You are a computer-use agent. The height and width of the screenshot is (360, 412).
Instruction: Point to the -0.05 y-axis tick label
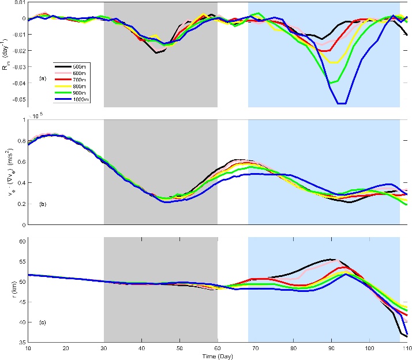pyautogui.click(x=16, y=99)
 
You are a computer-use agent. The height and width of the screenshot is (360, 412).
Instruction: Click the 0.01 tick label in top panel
pyautogui.click(x=17, y=2)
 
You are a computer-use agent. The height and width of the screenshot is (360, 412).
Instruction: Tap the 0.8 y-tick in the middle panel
pyautogui.click(x=20, y=141)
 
